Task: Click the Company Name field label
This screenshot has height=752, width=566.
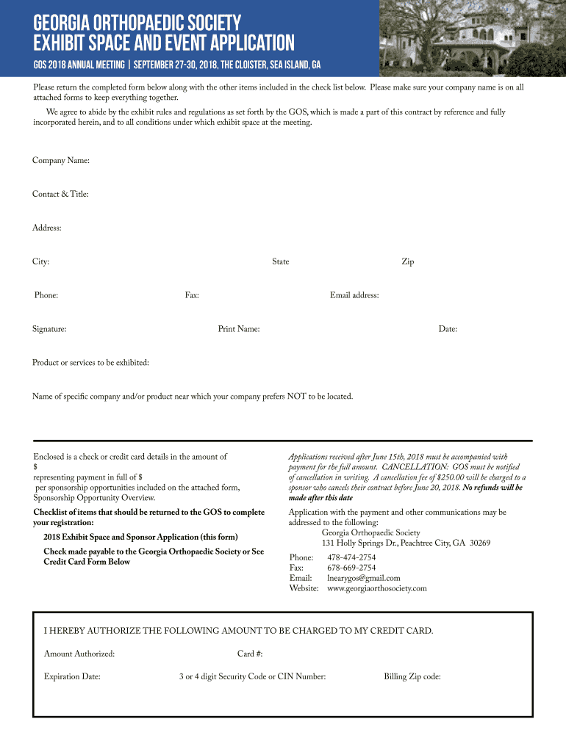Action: coord(60,161)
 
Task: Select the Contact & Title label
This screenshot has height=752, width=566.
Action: coord(60,195)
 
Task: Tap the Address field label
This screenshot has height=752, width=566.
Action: coord(46,228)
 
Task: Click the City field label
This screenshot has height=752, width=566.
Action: coord(40,262)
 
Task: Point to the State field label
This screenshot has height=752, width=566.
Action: coord(280,262)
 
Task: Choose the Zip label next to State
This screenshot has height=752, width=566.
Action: coord(407,262)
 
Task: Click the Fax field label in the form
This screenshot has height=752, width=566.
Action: coord(192,296)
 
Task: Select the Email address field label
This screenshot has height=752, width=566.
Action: coord(354,296)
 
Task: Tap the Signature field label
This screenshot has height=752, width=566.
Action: coord(49,330)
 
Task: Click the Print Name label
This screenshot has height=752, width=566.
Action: coord(238,330)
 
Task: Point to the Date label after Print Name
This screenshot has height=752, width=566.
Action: coord(448,330)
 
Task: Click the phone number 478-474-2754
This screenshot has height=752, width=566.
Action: coord(351,558)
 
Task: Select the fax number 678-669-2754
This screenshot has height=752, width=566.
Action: coord(351,568)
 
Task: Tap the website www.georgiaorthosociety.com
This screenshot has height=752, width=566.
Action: coord(376,589)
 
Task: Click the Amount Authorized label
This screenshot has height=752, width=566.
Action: coord(79,654)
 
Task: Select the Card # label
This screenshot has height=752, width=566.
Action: coord(250,654)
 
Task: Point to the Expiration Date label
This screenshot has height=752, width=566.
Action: coord(72,677)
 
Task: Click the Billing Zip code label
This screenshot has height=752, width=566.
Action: coord(412,677)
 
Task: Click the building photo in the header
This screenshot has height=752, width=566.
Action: coord(470,38)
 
